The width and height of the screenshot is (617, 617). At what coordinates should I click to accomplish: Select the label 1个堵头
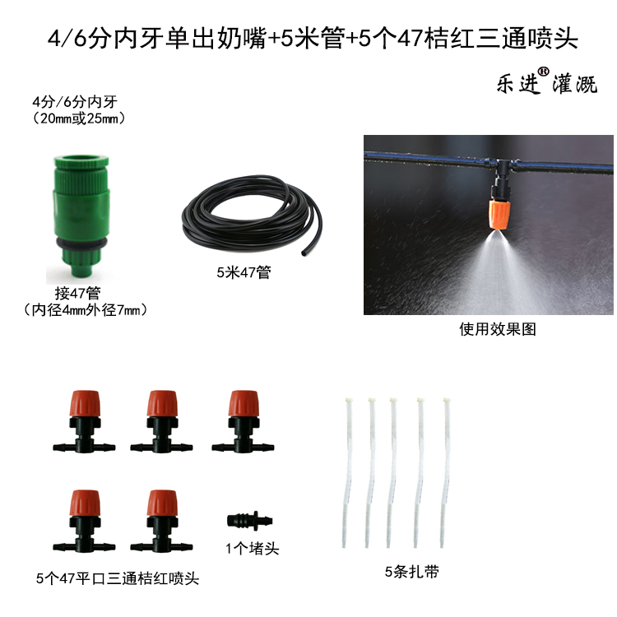[252, 548]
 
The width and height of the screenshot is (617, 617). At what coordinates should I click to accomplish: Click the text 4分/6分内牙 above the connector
[73, 103]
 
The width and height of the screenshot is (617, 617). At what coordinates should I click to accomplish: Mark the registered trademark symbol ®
[545, 72]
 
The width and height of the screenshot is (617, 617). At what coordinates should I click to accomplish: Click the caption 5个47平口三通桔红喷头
[118, 579]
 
